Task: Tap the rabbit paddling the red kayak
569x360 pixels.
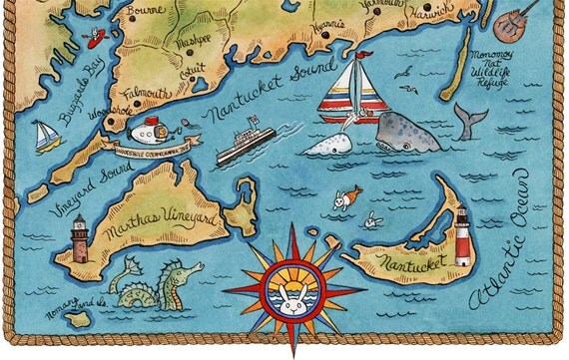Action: point(96,39)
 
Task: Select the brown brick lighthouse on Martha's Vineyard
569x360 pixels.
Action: point(79,239)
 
